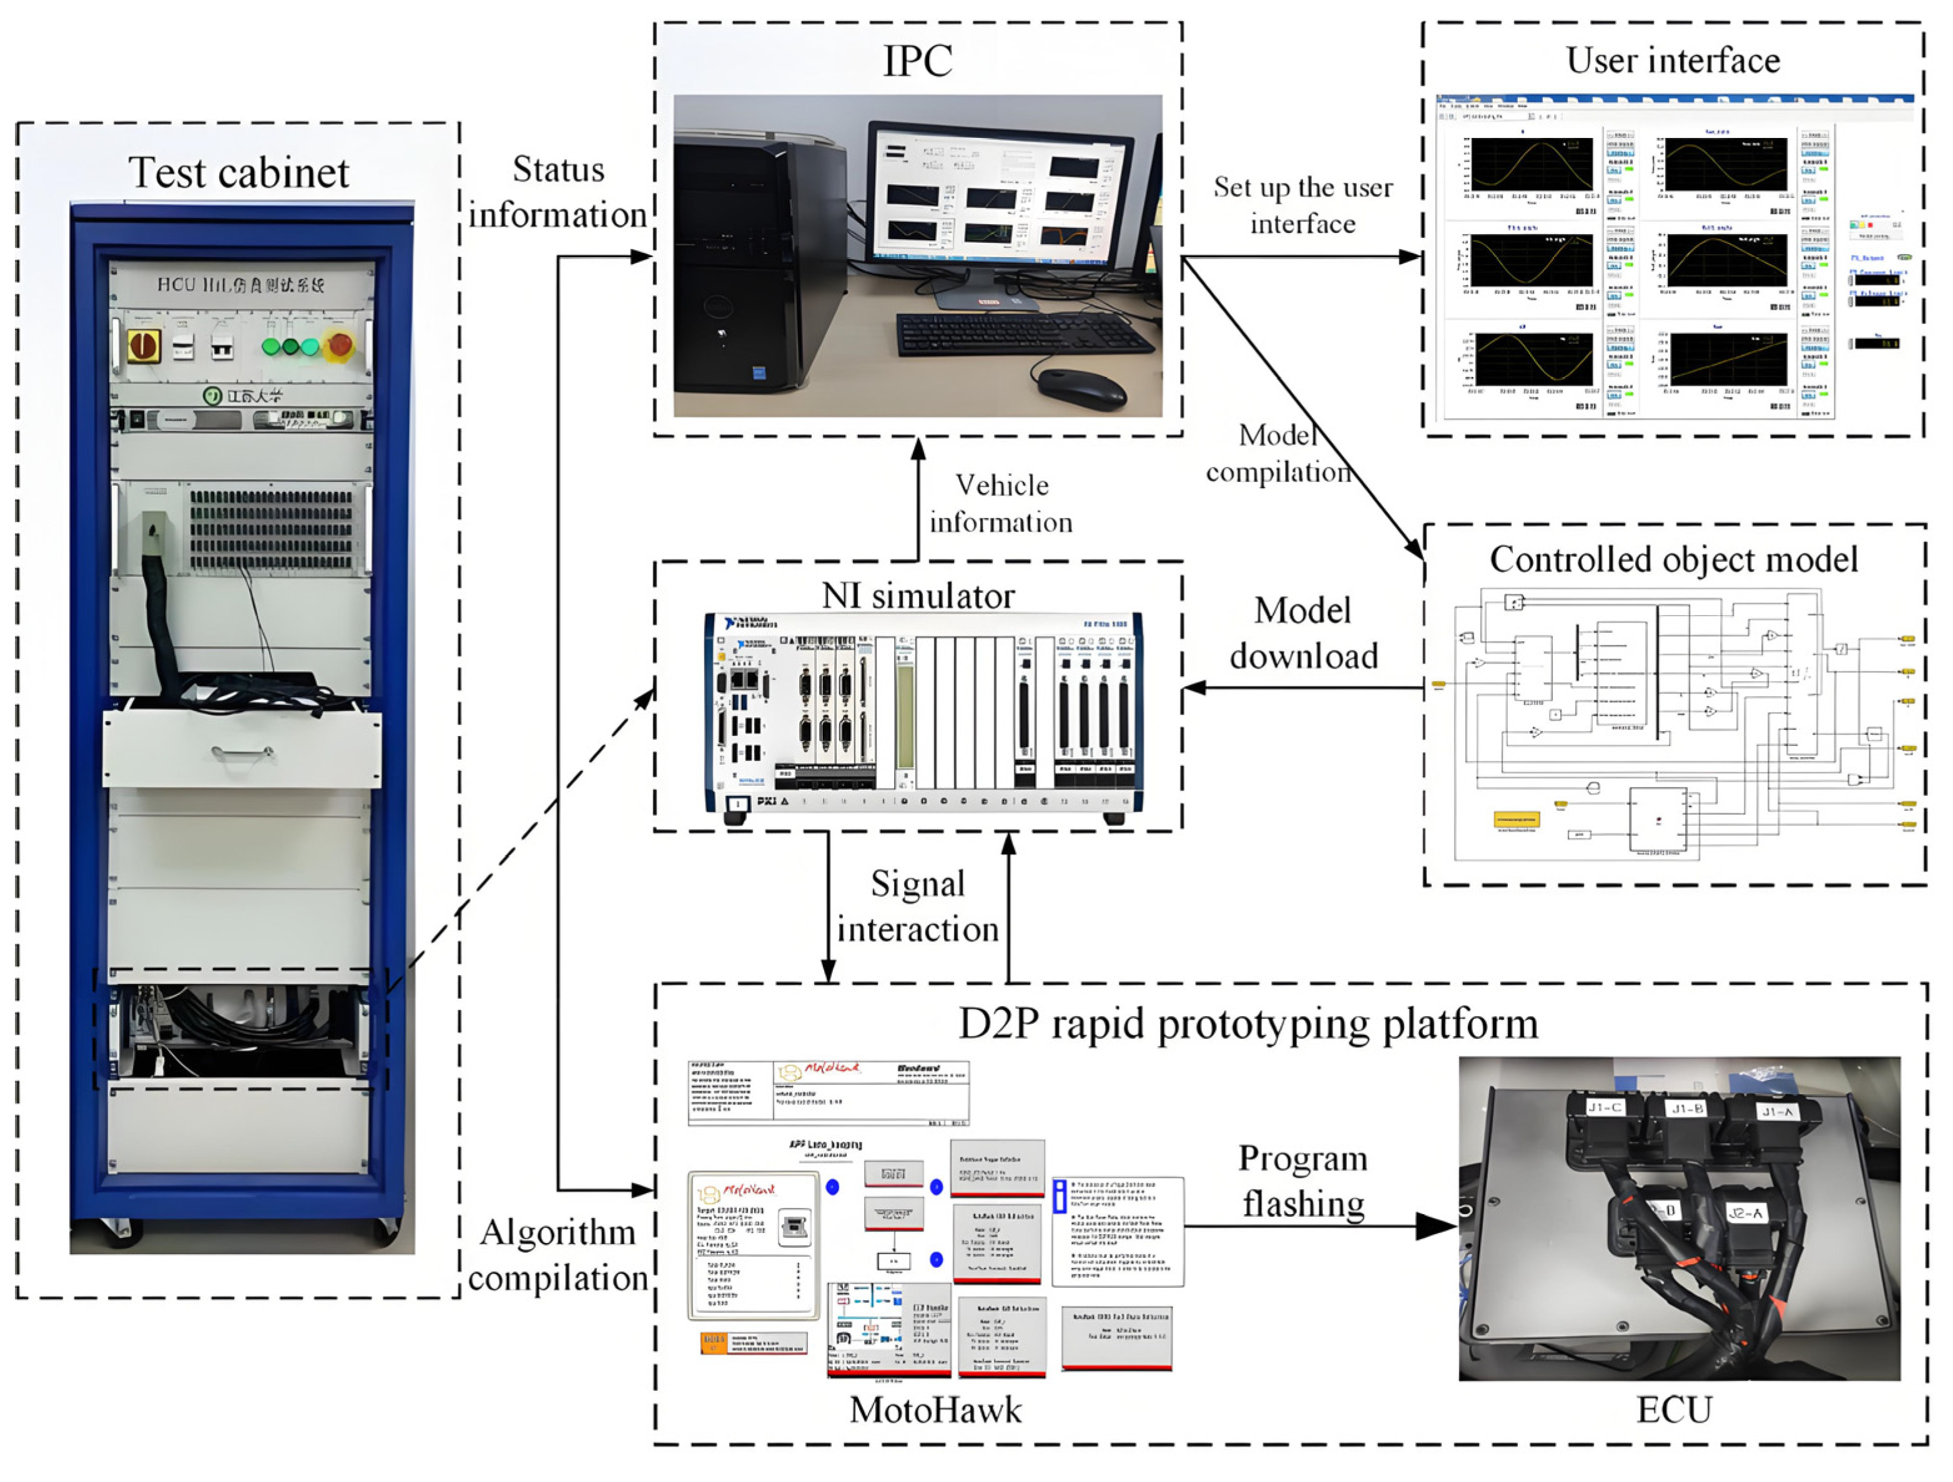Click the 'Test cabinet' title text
[x=239, y=172]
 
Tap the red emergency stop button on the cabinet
[x=339, y=345]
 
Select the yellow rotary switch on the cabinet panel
[x=143, y=346]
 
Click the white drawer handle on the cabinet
[x=242, y=753]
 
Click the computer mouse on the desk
[x=1081, y=388]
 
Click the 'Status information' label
[x=558, y=192]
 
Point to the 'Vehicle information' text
[x=1001, y=504]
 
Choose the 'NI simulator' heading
[x=918, y=596]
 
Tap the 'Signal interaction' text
[x=918, y=906]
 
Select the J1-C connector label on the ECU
[x=1603, y=1107]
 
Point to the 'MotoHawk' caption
[x=935, y=1410]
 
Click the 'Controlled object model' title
[x=1674, y=559]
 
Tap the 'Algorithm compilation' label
[x=558, y=1254]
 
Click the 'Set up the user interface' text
[x=1303, y=205]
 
